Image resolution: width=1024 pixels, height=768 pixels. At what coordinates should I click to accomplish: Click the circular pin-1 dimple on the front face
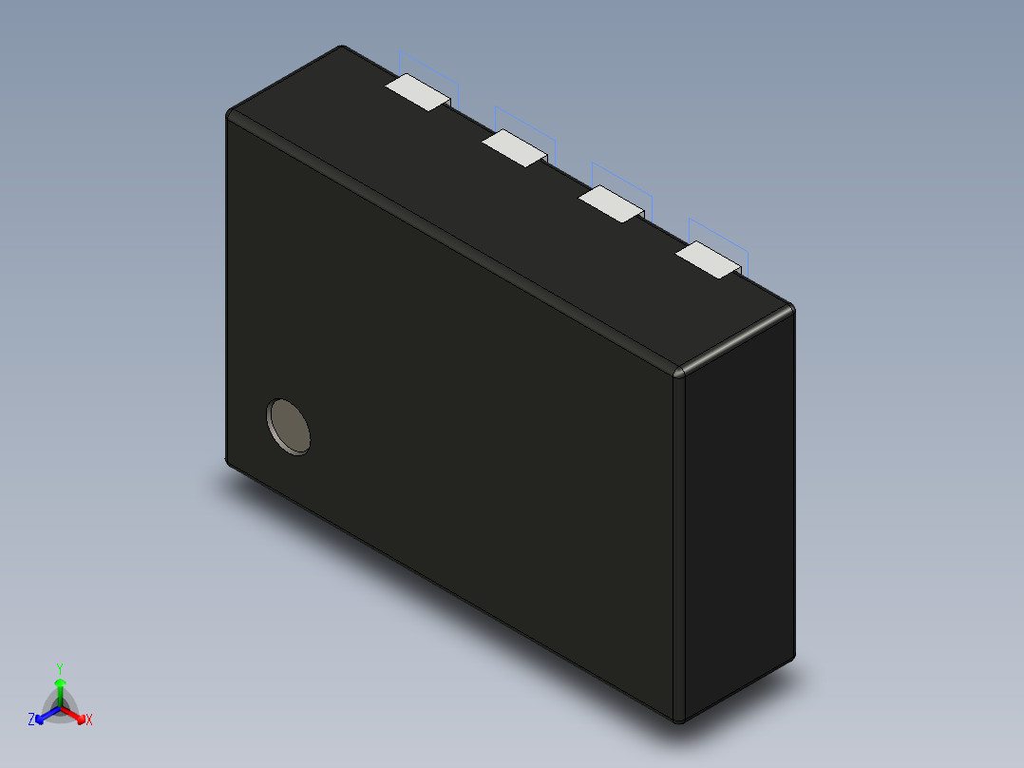(x=289, y=426)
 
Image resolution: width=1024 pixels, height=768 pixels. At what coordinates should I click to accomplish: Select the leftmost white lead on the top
(x=416, y=91)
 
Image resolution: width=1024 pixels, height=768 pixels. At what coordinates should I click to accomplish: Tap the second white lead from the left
(x=513, y=148)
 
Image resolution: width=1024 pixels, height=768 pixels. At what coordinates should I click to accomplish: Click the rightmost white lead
(x=708, y=259)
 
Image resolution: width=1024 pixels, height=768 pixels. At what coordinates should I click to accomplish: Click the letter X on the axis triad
(x=89, y=720)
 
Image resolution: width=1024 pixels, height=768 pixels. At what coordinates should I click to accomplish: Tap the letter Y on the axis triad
(x=59, y=668)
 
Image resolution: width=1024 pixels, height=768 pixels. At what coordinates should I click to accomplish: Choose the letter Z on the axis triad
(x=31, y=720)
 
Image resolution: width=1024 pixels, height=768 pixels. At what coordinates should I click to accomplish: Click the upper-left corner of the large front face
(x=231, y=117)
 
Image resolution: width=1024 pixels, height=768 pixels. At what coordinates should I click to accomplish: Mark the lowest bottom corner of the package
(x=678, y=720)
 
